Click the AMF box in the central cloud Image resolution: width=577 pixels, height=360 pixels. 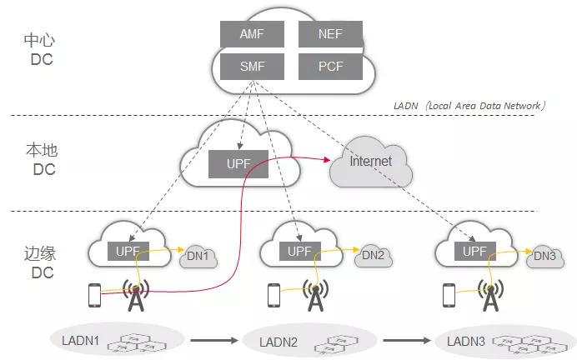(x=252, y=34)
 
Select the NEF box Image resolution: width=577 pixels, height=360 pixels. (x=330, y=34)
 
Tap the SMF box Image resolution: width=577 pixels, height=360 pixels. (x=252, y=67)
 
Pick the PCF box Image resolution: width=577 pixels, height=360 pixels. (x=330, y=67)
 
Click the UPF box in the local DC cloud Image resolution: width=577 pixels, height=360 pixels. (x=238, y=163)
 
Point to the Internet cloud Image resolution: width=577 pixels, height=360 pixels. (x=371, y=162)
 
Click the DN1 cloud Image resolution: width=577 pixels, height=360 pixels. (x=198, y=257)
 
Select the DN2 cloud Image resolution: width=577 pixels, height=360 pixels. (x=373, y=256)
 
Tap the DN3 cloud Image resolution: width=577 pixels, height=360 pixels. (x=544, y=256)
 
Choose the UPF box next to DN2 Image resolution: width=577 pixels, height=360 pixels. (x=299, y=251)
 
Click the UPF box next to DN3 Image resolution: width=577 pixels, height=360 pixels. (x=474, y=251)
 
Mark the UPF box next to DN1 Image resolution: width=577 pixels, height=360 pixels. (x=128, y=251)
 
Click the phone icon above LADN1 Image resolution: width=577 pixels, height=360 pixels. (x=95, y=294)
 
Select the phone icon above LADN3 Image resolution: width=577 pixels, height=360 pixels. (x=450, y=294)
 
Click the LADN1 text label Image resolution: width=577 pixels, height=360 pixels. (x=81, y=340)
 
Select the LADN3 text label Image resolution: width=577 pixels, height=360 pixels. (x=465, y=341)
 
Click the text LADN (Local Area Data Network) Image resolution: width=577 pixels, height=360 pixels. (x=469, y=106)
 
